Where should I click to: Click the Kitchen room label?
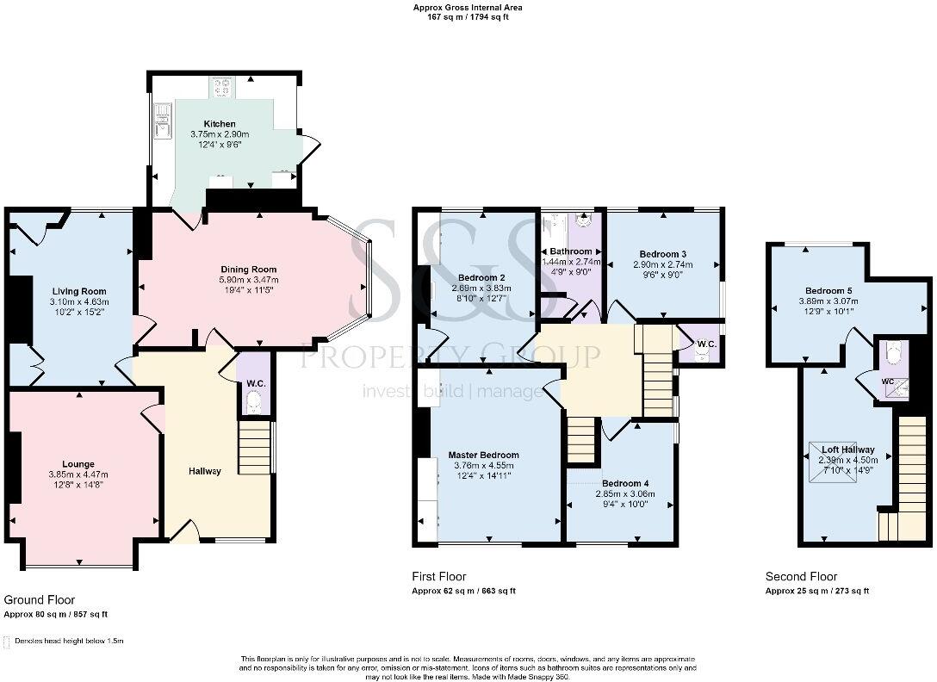coord(219,124)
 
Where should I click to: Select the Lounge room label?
coord(78,463)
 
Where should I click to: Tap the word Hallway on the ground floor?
coord(205,471)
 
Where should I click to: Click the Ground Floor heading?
coord(40,600)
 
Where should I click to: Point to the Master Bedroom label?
coord(483,455)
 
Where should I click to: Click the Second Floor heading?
coord(801,577)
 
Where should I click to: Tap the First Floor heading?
coord(439,576)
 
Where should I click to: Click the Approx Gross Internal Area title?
coord(468,8)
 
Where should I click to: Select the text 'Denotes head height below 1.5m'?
coord(68,642)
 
